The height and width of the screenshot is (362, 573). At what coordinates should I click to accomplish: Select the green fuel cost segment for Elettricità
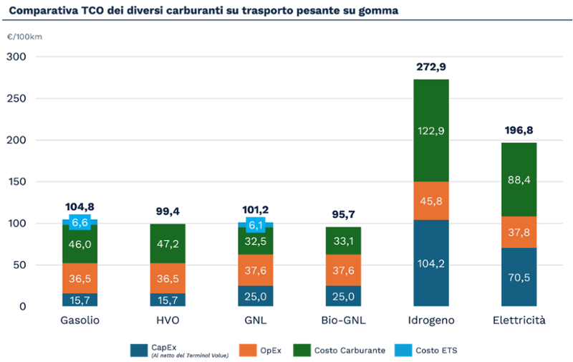coord(519,179)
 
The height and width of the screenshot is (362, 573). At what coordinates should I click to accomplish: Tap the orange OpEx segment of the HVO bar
coord(168,278)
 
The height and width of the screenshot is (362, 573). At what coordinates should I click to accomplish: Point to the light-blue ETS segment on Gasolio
coord(80,222)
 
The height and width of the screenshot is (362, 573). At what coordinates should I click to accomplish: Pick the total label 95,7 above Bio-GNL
coord(343,214)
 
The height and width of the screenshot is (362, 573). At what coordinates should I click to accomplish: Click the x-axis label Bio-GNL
coord(343,320)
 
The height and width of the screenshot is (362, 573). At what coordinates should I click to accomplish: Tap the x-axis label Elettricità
coord(519,320)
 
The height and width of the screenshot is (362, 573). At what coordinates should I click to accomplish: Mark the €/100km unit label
coord(24,37)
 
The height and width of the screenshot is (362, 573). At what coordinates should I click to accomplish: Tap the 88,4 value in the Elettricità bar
coord(519,179)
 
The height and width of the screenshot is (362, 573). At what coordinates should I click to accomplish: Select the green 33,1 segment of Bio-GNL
coord(343,241)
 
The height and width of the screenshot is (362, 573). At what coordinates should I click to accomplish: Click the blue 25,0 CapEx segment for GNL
coord(255,296)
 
